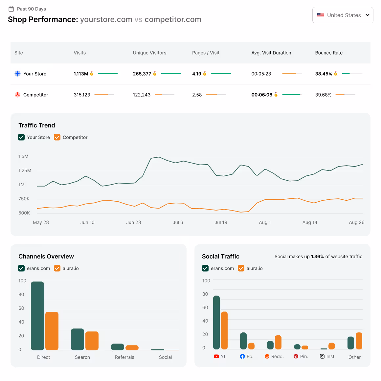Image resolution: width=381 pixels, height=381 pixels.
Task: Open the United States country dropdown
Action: [x=343, y=15]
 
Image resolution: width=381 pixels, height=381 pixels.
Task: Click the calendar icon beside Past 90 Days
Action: [x=11, y=9]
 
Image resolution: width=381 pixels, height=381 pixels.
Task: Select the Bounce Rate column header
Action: [x=329, y=53]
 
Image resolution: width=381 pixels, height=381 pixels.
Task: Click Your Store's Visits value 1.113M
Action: [x=81, y=74]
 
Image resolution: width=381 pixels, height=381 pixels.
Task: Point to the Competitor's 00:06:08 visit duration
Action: [x=262, y=95]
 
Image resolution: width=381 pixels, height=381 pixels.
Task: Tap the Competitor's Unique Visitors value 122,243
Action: [x=142, y=95]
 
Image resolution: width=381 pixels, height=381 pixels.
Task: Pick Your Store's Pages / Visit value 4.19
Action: [x=196, y=74]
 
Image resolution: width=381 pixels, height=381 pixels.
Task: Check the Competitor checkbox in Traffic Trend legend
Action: [x=57, y=137]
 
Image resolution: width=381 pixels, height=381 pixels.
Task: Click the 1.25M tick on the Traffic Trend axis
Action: [x=25, y=170]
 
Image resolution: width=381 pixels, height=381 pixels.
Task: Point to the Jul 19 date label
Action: [x=221, y=222]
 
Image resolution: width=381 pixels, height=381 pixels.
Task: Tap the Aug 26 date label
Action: [x=356, y=222]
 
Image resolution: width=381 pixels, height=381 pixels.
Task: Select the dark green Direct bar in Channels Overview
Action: [x=37, y=316]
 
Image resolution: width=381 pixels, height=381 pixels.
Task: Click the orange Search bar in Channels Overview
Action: [x=92, y=341]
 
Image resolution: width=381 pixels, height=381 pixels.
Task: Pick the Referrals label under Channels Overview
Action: [x=124, y=357]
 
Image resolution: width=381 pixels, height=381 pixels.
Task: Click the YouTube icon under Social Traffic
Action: [x=216, y=356]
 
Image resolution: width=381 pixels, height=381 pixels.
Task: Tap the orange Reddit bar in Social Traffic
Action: [x=278, y=342]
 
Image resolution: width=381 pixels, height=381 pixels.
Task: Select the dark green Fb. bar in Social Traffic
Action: [x=243, y=341]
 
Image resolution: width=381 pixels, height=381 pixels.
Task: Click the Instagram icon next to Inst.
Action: [x=322, y=356]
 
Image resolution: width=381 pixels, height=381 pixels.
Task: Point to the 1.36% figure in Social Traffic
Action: [x=318, y=257]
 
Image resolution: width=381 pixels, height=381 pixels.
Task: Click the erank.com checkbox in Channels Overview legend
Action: [x=21, y=268]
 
